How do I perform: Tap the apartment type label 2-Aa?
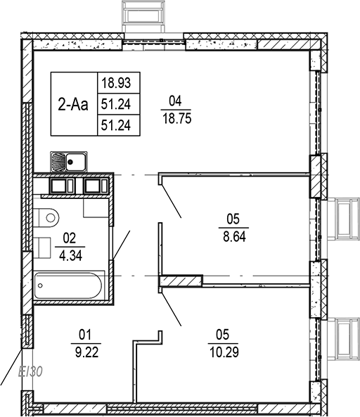coord(72,105)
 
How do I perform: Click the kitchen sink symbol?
coord(68,162)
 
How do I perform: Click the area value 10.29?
coord(224,349)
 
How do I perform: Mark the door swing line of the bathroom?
coord(122,244)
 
